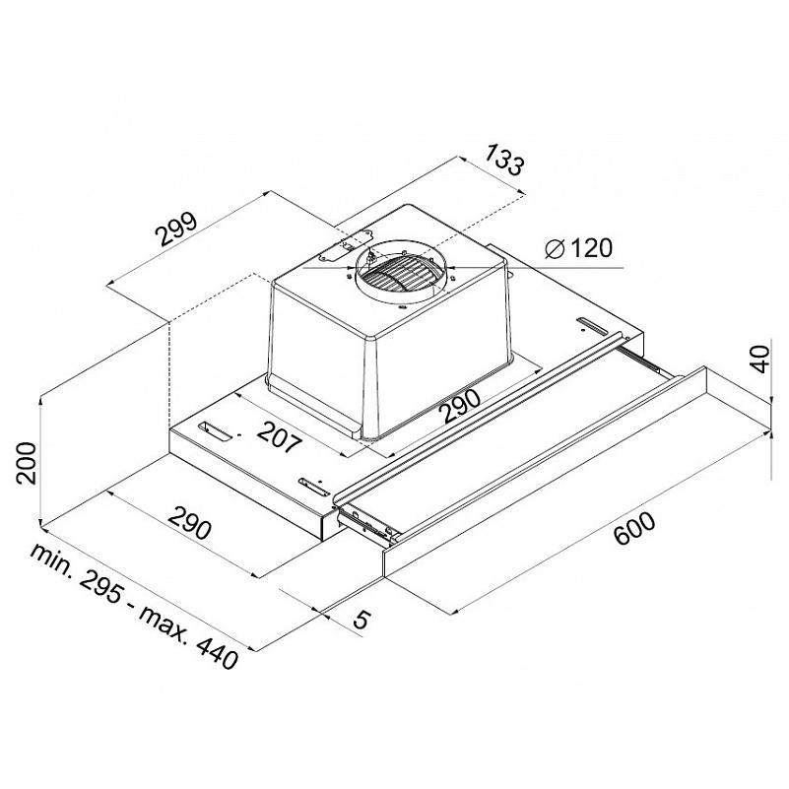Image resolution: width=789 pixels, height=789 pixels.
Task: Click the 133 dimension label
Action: [x=504, y=159]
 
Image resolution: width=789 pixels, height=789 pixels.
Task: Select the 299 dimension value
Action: [x=175, y=230]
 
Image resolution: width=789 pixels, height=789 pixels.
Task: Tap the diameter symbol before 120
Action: [x=556, y=248]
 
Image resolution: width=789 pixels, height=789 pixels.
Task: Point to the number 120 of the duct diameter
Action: [x=592, y=248]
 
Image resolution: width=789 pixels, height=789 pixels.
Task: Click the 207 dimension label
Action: [x=280, y=435]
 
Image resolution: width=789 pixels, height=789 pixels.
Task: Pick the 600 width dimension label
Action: [x=635, y=528]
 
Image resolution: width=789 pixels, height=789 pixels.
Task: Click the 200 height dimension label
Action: [x=27, y=463]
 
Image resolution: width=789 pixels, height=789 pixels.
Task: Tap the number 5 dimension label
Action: [x=362, y=620]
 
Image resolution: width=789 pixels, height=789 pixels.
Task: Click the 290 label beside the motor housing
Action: [x=460, y=406]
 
